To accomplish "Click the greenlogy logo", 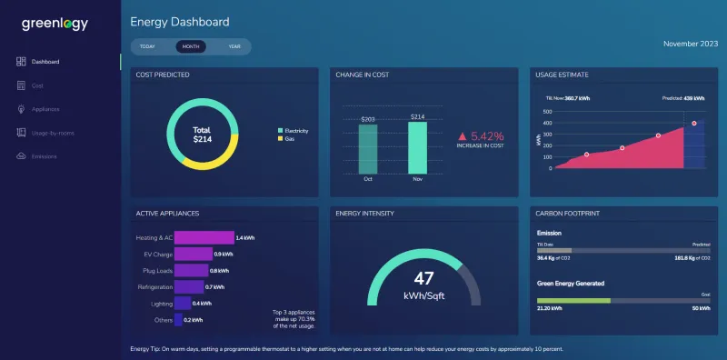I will point(55,25).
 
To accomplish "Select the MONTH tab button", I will point(191,46).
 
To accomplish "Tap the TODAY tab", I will point(148,46).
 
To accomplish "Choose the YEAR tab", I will point(234,46).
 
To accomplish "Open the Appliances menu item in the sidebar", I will point(45,109).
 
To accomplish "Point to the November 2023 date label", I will point(692,43).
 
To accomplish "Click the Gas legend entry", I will point(290,139).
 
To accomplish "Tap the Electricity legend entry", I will point(296,131).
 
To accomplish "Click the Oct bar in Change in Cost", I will point(368,149).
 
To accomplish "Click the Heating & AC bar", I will point(204,237).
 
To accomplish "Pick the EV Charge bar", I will point(193,254).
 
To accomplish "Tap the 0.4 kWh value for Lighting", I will point(202,304).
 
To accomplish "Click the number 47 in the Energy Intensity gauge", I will point(423,278).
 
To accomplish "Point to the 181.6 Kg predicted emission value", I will point(690,257).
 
